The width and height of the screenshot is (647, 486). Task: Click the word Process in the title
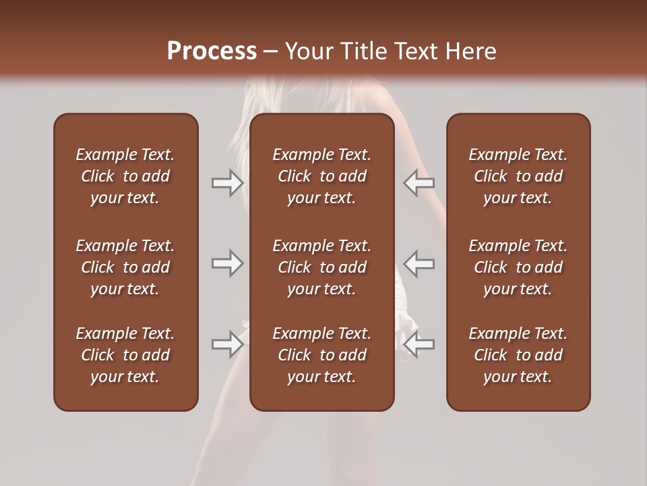pyautogui.click(x=212, y=51)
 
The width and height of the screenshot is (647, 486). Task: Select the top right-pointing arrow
pyautogui.click(x=228, y=183)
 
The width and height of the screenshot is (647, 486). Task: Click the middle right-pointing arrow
pyautogui.click(x=228, y=263)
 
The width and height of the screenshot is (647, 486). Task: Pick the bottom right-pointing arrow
pyautogui.click(x=228, y=344)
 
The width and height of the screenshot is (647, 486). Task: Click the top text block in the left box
pyautogui.click(x=125, y=176)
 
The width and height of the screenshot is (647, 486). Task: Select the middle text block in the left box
pyautogui.click(x=125, y=267)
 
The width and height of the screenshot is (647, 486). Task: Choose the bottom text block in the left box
pyautogui.click(x=125, y=355)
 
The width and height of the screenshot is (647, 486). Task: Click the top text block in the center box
pyautogui.click(x=322, y=176)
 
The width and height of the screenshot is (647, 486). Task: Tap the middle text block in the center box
pyautogui.click(x=322, y=267)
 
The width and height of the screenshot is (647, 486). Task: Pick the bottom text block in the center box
pyautogui.click(x=322, y=355)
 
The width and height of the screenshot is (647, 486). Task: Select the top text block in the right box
pyautogui.click(x=518, y=176)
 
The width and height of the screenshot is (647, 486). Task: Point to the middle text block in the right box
pyautogui.click(x=518, y=267)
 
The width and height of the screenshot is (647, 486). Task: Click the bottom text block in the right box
pyautogui.click(x=518, y=355)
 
